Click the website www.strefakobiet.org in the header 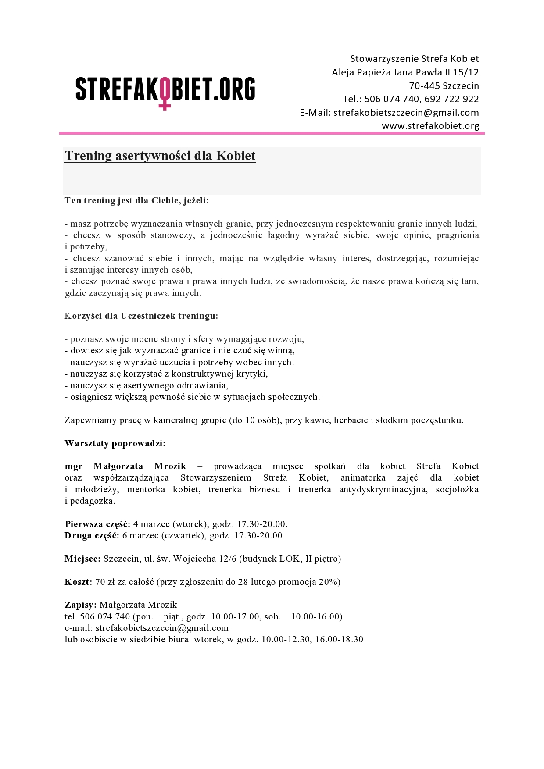[x=430, y=126]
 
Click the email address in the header [x=406, y=113]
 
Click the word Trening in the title [x=89, y=156]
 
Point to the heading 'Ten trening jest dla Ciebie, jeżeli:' [x=137, y=201]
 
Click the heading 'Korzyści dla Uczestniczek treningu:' [x=141, y=316]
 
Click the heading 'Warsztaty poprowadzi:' [x=115, y=443]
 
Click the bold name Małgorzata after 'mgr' [x=118, y=466]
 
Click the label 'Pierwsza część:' [x=97, y=524]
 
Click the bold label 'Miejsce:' [x=82, y=559]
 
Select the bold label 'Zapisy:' [x=80, y=605]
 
